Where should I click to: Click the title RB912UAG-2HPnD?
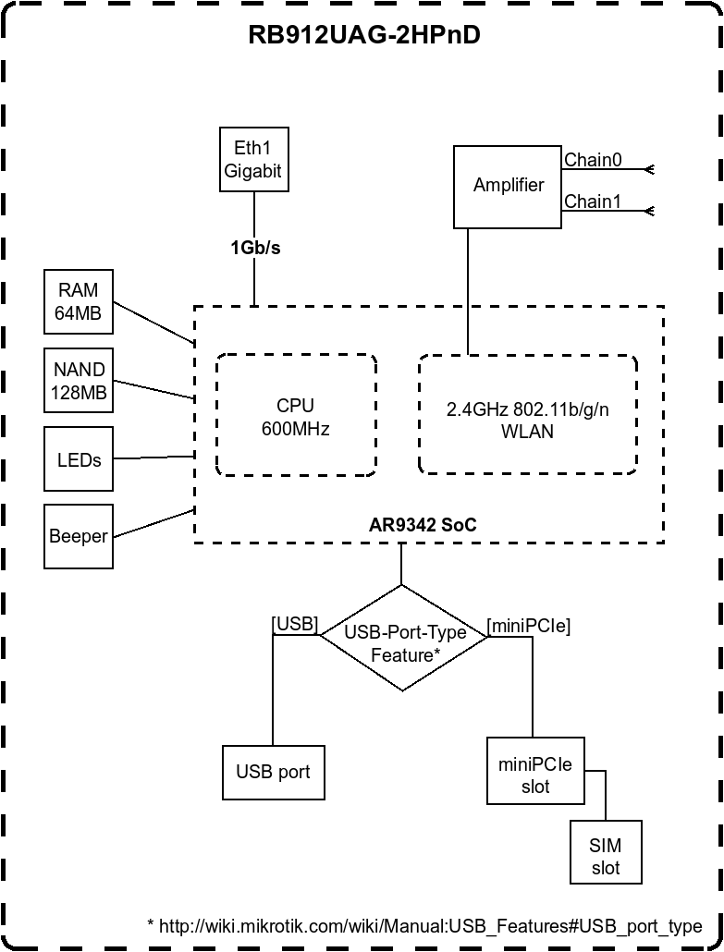[x=364, y=35]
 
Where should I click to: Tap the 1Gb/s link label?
[x=255, y=248]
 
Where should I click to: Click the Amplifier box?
[x=508, y=186]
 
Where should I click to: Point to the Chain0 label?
[x=593, y=160]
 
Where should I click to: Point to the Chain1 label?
[x=593, y=201]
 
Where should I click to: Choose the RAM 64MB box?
[x=78, y=301]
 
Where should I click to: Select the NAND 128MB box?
[x=79, y=381]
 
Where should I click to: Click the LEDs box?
[x=79, y=459]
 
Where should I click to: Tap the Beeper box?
[x=79, y=536]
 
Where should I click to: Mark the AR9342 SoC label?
[x=423, y=525]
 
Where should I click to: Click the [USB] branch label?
[x=295, y=624]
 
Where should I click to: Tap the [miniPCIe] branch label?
[x=529, y=626]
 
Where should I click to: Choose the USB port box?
[x=274, y=773]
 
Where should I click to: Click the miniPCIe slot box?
[x=535, y=775]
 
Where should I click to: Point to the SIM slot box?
[x=606, y=857]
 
